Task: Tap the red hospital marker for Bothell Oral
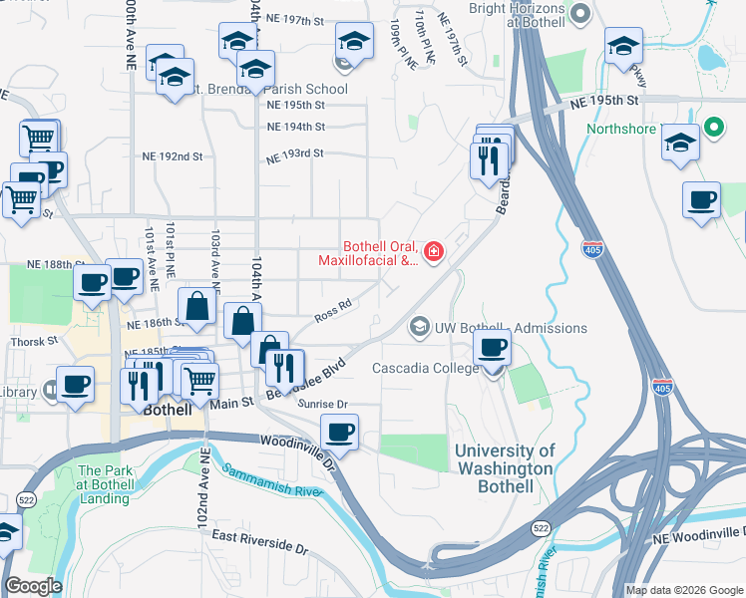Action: (434, 251)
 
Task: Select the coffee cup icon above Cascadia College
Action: (492, 349)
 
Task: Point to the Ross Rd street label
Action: (333, 312)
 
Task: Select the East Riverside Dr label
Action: (262, 540)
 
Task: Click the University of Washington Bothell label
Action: (504, 469)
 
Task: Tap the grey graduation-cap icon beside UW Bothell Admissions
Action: (419, 327)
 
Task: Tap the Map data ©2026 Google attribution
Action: (684, 590)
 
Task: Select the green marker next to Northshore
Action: (713, 128)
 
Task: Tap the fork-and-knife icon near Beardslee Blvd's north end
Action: (489, 158)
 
